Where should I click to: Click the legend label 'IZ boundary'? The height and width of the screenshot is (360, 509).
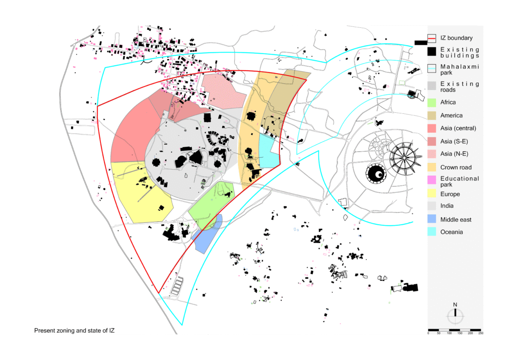tap(456, 38)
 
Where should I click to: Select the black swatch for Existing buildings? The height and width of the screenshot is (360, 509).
tap(431, 52)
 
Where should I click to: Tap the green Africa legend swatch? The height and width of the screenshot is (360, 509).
tap(431, 102)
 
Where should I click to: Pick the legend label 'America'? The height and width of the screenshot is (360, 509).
tap(451, 115)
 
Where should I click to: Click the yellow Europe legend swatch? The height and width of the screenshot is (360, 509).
tap(431, 193)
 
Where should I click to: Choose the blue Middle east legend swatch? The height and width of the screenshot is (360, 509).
tap(431, 219)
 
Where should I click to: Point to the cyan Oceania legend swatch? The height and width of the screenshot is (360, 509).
tap(431, 231)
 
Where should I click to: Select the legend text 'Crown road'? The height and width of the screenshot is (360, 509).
tap(456, 168)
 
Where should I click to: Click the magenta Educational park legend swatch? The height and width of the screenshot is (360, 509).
tap(431, 180)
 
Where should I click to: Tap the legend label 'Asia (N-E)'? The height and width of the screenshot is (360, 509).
tap(454, 154)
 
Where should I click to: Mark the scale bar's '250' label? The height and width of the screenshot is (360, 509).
tap(481, 333)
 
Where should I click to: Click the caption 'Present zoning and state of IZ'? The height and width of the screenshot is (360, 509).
tap(75, 331)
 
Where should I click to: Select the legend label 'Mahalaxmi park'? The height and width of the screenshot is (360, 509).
tap(459, 70)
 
